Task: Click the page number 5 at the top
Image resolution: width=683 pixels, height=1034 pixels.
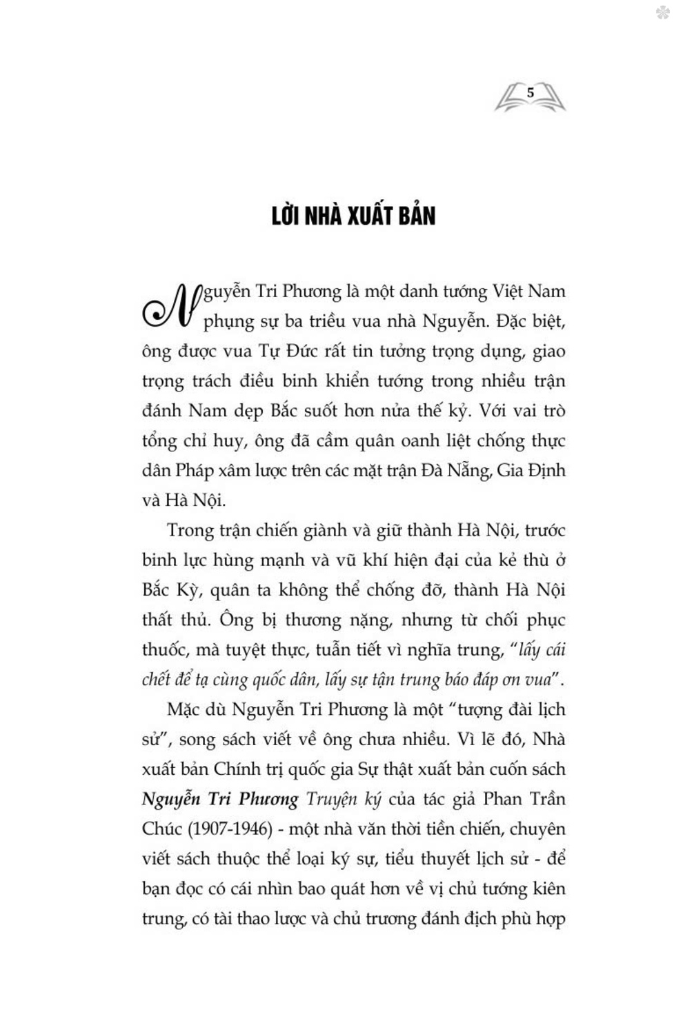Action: click(x=530, y=92)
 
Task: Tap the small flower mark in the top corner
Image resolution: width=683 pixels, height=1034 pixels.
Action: click(x=662, y=12)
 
